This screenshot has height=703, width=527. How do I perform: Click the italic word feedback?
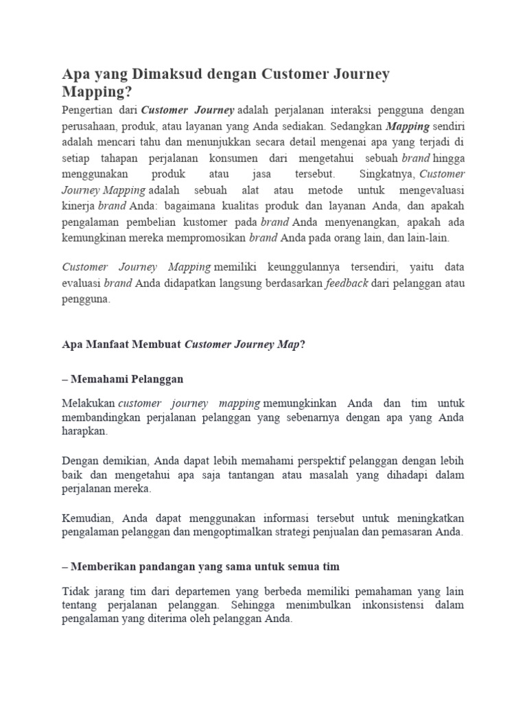coord(347,282)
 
